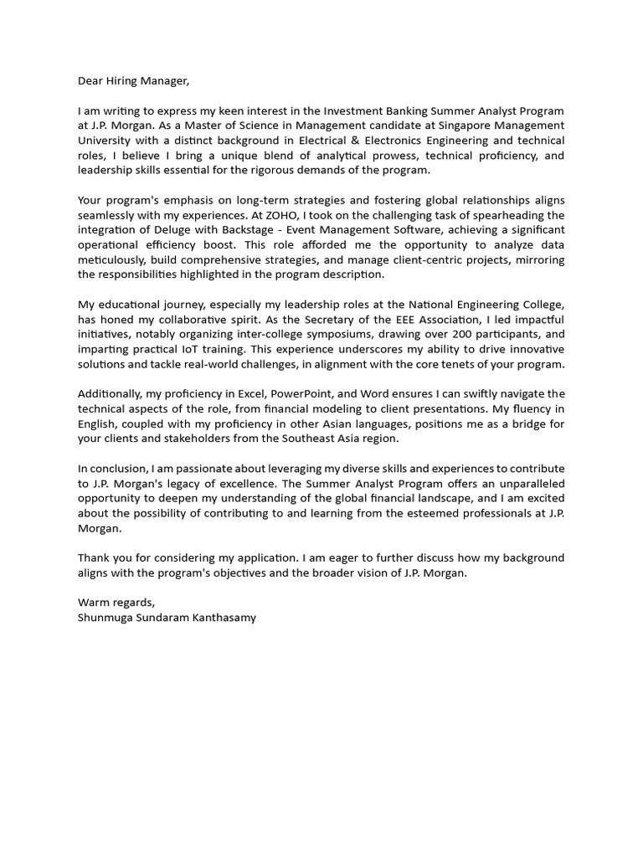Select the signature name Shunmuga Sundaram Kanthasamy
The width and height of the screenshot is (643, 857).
(x=167, y=618)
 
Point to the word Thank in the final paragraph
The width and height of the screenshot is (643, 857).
(x=94, y=557)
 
